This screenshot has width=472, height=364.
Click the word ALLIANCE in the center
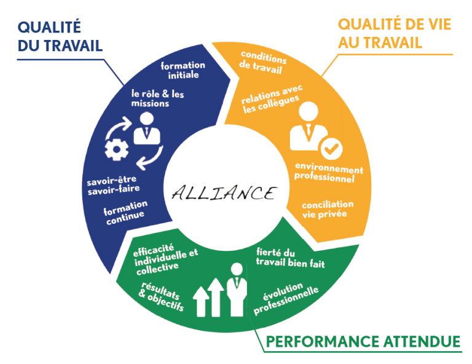pos(223,193)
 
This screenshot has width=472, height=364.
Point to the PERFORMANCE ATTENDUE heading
pos(363,340)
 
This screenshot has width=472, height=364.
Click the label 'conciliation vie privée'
pos(328,209)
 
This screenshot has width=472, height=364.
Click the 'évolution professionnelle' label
pos(286,298)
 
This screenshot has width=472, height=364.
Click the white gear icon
pos(116,149)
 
